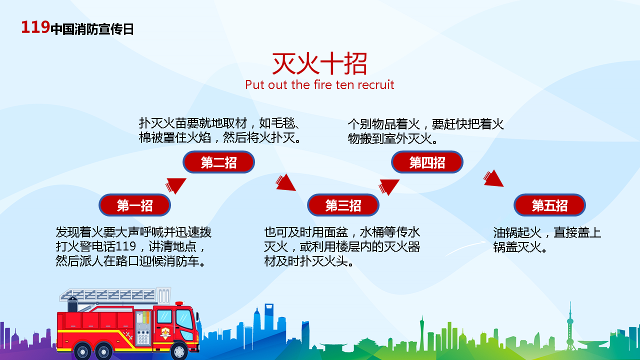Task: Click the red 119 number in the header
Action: click(x=35, y=27)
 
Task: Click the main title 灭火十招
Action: click(x=319, y=63)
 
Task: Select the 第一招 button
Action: click(x=134, y=205)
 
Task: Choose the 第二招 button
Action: click(x=218, y=162)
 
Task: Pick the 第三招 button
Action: click(x=343, y=205)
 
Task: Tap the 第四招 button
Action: click(x=427, y=162)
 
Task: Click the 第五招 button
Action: click(x=549, y=205)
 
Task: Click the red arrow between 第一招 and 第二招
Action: click(x=175, y=185)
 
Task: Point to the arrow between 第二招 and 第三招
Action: click(x=285, y=182)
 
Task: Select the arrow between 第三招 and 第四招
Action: click(x=388, y=187)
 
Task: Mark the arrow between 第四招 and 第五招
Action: click(x=493, y=178)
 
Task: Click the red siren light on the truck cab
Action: click(x=179, y=303)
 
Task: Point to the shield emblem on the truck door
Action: click(x=165, y=332)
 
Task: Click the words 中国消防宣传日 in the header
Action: click(x=92, y=29)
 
